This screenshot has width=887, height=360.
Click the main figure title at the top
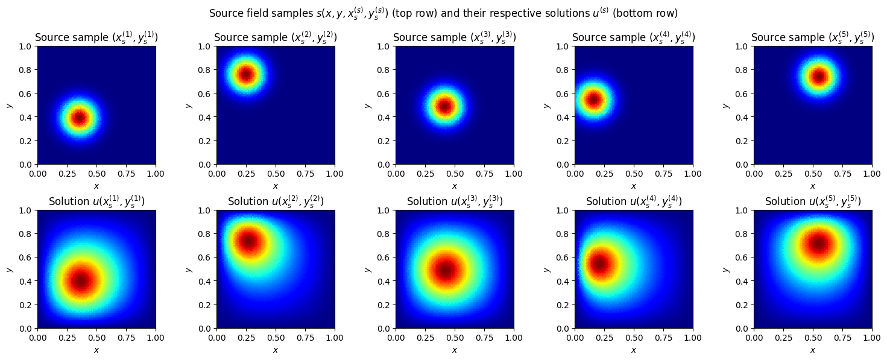pyautogui.click(x=443, y=13)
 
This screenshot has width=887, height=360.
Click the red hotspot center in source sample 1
pyautogui.click(x=79, y=118)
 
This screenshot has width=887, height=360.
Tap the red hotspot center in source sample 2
pyautogui.click(x=245, y=74)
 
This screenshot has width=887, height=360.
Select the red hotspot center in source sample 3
pyautogui.click(x=444, y=106)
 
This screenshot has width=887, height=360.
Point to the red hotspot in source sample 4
pyautogui.click(x=594, y=99)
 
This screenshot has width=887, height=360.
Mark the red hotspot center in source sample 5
pyautogui.click(x=818, y=77)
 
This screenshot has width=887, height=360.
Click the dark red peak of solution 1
pyautogui.click(x=80, y=280)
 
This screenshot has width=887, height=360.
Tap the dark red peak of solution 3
pyautogui.click(x=446, y=270)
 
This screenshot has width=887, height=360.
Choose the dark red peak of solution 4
pyautogui.click(x=600, y=264)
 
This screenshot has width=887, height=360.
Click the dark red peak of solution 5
pyautogui.click(x=818, y=244)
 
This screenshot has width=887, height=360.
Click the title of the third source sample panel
pyautogui.click(x=455, y=37)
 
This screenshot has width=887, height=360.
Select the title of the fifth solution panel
pyautogui.click(x=813, y=201)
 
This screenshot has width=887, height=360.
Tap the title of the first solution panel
pyautogui.click(x=96, y=201)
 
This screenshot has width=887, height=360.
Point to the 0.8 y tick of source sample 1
pyautogui.click(x=28, y=70)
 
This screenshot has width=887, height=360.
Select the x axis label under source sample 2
pyautogui.click(x=276, y=186)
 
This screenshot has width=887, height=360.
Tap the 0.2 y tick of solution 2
pyautogui.click(x=207, y=305)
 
